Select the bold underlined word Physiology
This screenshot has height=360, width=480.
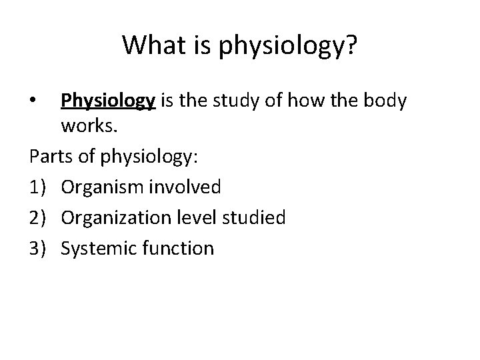108,101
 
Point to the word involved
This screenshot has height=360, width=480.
184,188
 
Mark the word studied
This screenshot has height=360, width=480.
259,218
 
